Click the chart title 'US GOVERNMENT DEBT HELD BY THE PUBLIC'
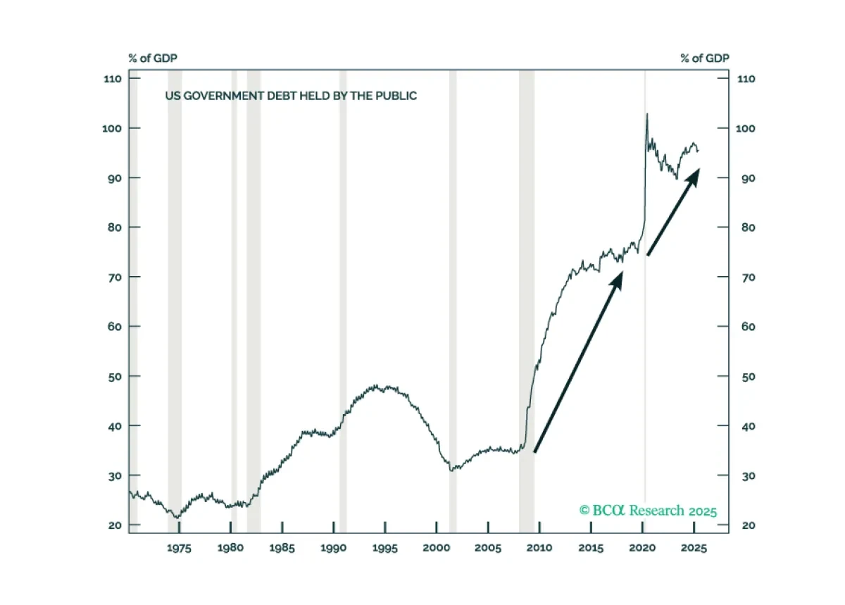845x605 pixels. tap(291, 96)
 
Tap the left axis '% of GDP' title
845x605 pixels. tap(153, 58)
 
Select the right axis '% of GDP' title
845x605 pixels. tap(705, 58)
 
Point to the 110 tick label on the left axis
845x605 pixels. tap(113, 79)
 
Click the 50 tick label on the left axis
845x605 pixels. tap(115, 377)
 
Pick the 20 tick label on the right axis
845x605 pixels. tap(749, 525)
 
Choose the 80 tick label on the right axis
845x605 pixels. tap(749, 227)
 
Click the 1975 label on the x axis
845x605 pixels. tap(179, 548)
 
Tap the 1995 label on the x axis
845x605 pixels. tap(385, 548)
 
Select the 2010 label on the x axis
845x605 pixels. tap(539, 548)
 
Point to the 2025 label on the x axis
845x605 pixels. tap(694, 548)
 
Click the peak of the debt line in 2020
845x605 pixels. tap(647, 113)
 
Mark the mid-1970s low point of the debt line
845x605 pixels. tap(177, 518)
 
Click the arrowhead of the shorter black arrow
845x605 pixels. tap(695, 175)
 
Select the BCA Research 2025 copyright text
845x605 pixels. tap(648, 511)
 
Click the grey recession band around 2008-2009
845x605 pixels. tap(527, 301)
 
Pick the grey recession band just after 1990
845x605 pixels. tap(343, 301)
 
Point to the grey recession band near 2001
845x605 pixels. tap(453, 301)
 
